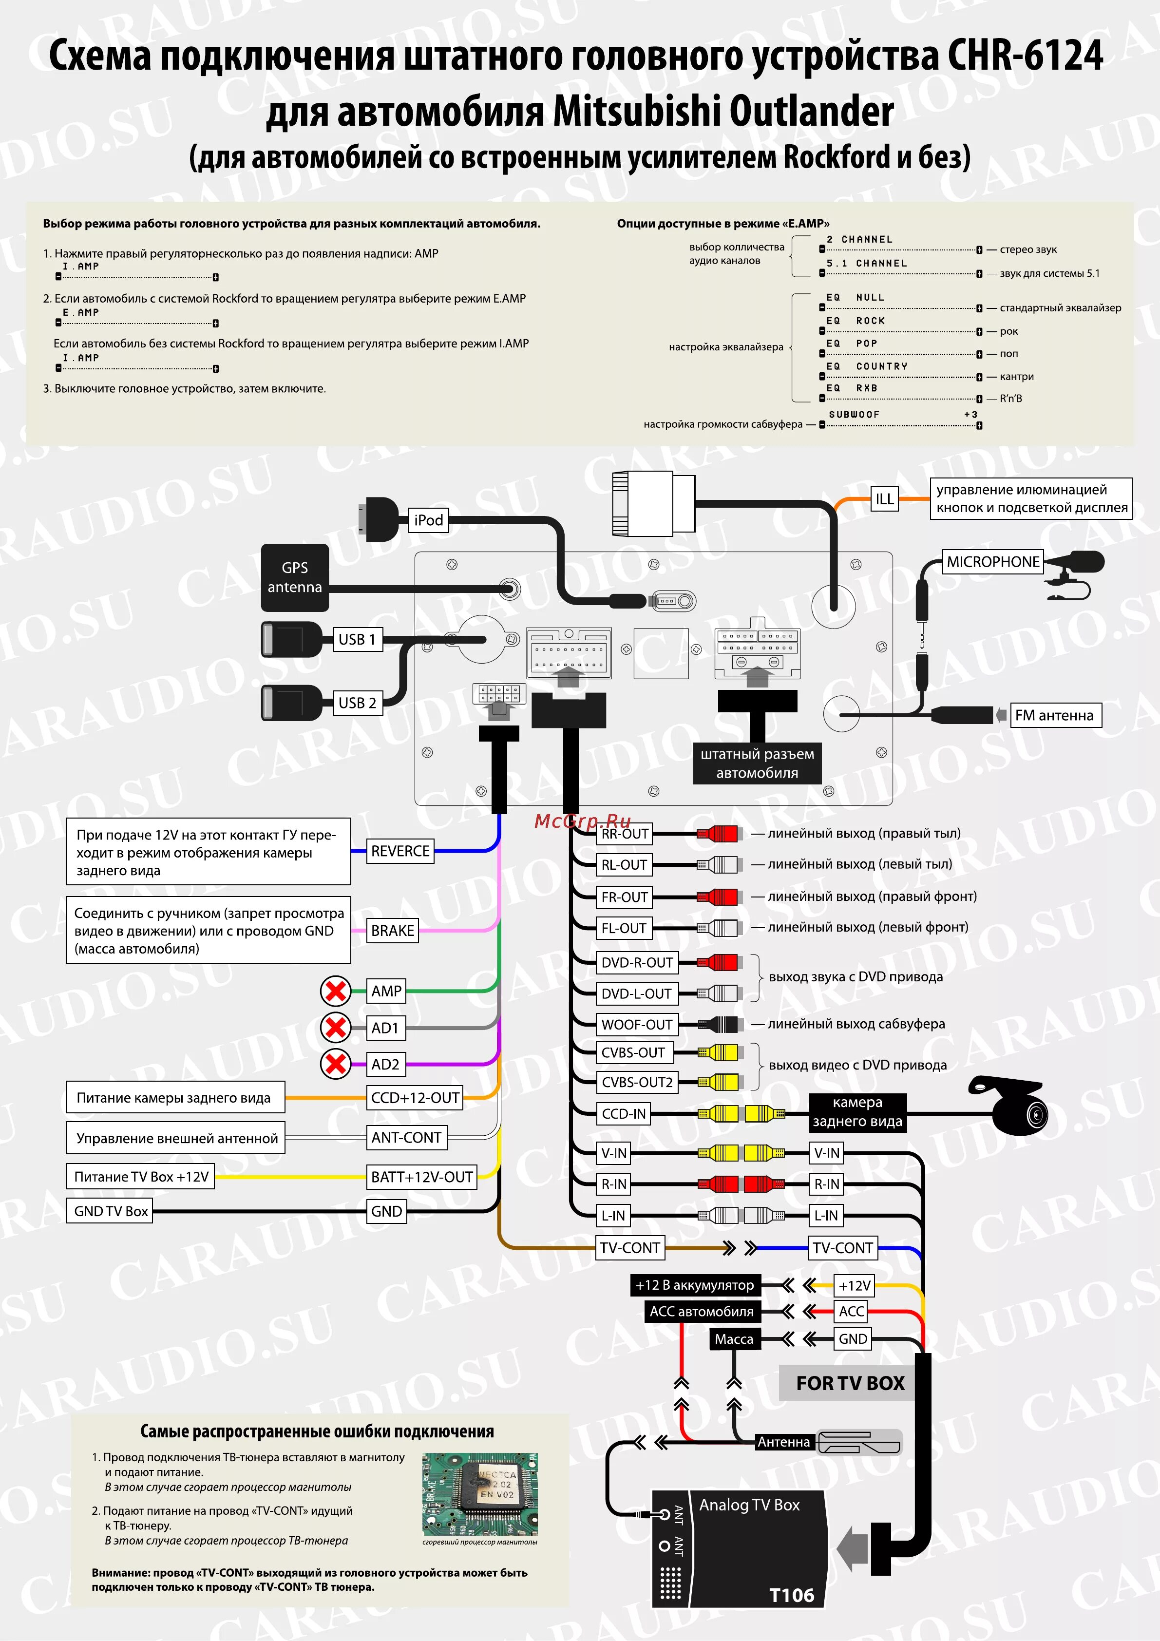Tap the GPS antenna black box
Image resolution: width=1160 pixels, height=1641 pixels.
click(x=294, y=577)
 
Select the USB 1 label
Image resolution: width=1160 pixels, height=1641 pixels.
click(x=357, y=639)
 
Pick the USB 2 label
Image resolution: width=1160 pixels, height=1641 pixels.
click(x=357, y=703)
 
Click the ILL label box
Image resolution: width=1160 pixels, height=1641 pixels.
click(x=884, y=499)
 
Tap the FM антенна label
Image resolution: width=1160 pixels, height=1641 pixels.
click(x=1054, y=715)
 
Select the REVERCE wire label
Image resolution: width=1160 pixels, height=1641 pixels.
click(x=400, y=851)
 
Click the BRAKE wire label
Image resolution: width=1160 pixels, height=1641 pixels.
click(x=392, y=931)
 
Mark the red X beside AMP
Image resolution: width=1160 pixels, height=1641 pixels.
click(x=335, y=991)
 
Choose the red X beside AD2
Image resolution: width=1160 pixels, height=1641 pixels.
click(x=335, y=1064)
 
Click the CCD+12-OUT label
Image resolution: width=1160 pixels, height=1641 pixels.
click(x=415, y=1098)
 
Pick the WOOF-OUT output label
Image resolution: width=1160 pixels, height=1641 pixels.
click(x=636, y=1024)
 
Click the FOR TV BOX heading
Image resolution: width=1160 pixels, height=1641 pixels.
click(x=850, y=1383)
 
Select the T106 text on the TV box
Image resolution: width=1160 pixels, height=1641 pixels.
click(x=791, y=1595)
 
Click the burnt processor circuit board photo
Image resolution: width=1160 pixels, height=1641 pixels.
click(x=479, y=1493)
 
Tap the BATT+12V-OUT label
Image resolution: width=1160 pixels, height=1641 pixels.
click(x=422, y=1177)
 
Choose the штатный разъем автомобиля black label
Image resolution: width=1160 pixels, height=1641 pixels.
click(x=757, y=763)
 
